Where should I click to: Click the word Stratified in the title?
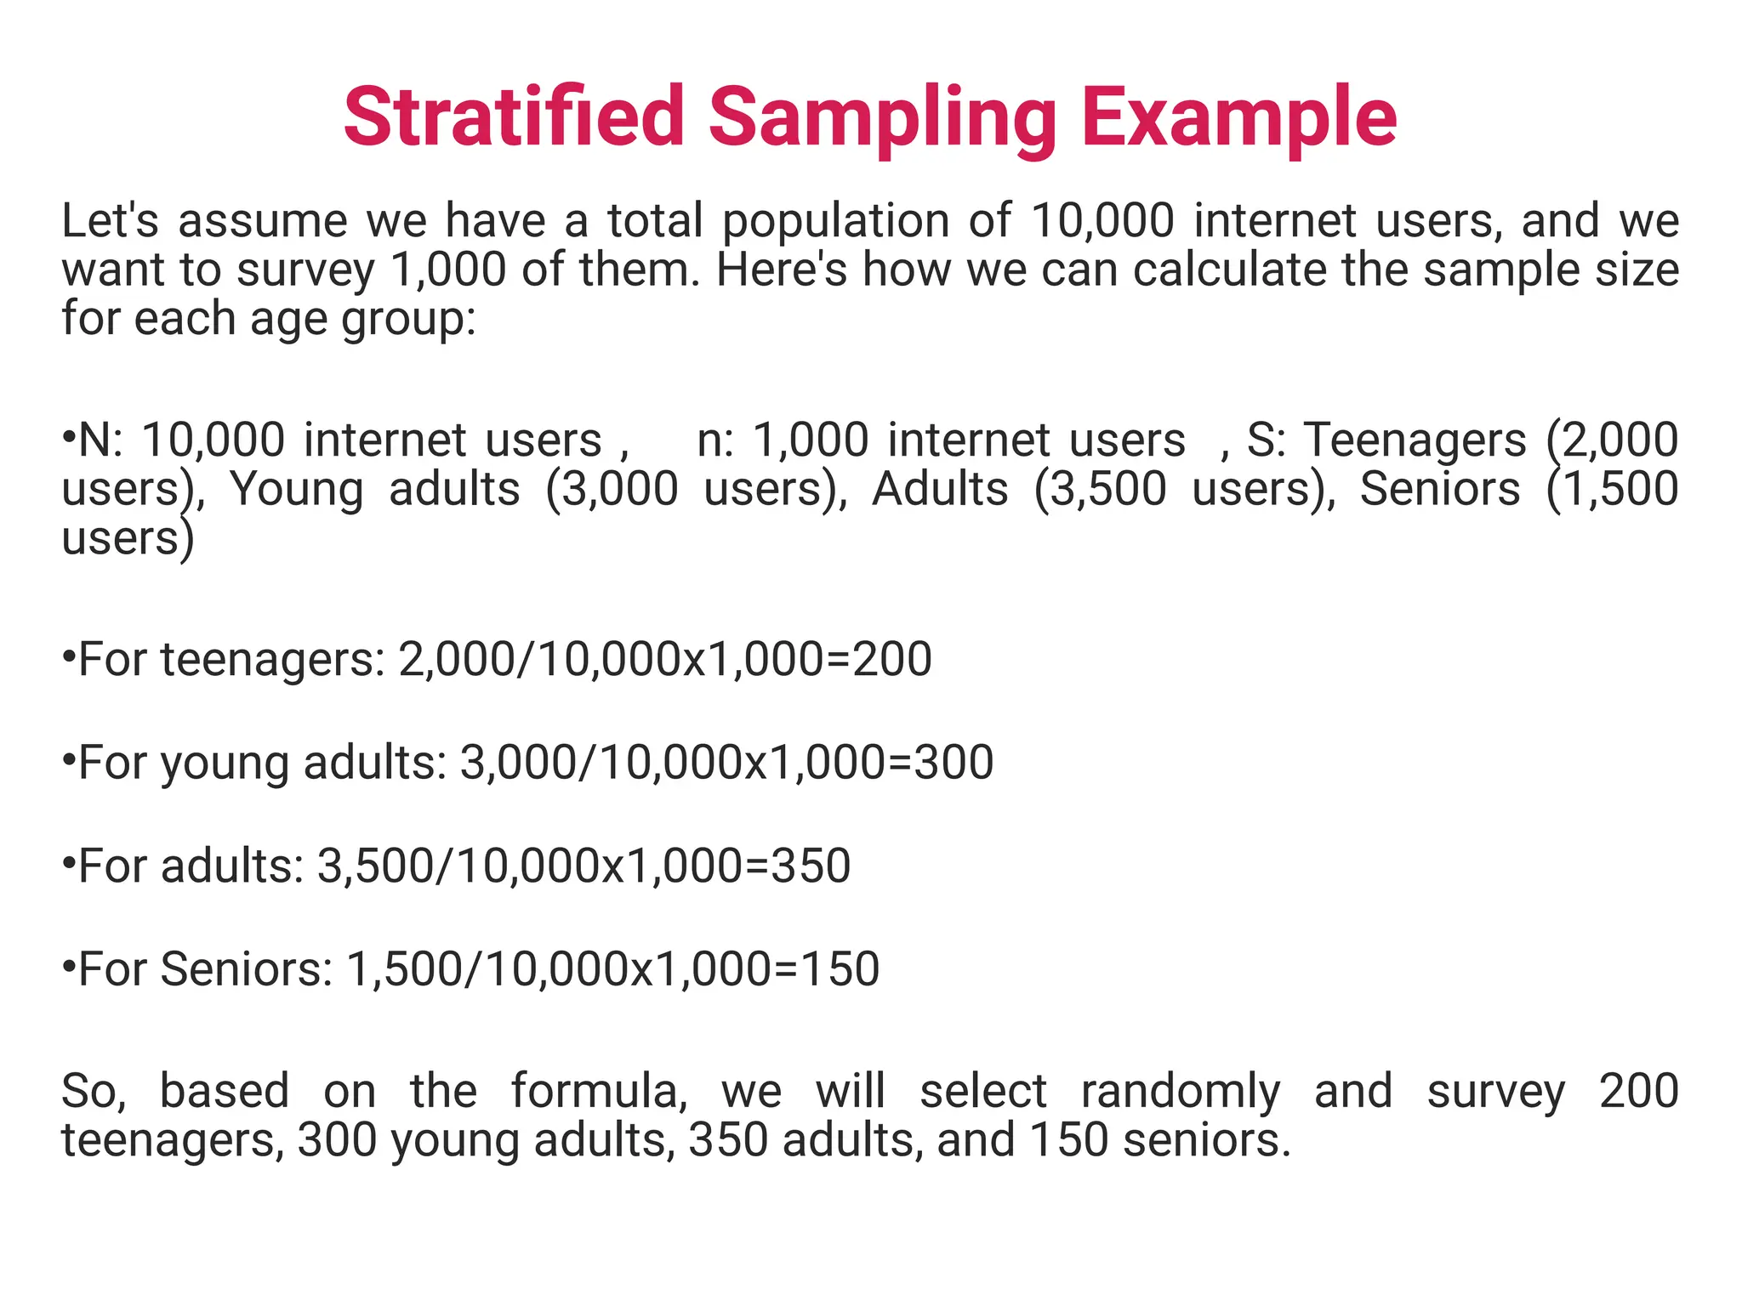pos(514,116)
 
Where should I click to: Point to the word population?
pos(835,222)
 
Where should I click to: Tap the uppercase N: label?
pos(100,440)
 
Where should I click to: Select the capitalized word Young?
pos(297,491)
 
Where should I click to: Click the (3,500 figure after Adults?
pos(1100,490)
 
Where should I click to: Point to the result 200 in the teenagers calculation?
pos(892,659)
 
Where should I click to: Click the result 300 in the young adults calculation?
pos(954,762)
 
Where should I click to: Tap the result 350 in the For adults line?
pos(811,866)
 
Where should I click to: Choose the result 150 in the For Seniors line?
pos(840,968)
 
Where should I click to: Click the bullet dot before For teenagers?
pos(68,656)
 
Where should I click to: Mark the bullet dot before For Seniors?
pos(68,966)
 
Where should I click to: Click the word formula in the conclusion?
pos(599,1091)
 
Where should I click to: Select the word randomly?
pos(1180,1092)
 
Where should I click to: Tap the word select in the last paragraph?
pos(982,1091)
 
